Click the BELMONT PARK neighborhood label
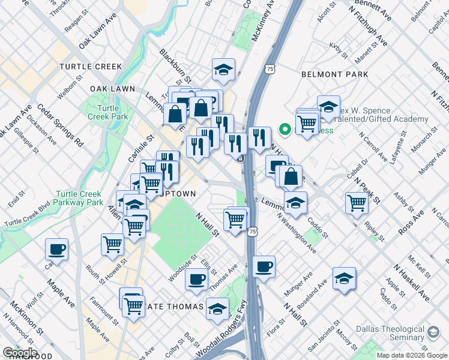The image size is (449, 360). pos(334,74)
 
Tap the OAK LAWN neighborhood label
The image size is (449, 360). pos(112,89)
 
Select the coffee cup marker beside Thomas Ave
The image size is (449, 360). pos(196,278)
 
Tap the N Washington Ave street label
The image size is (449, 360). pos(297,232)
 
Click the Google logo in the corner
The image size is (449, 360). pos(20,352)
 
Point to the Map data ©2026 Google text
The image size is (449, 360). pos(412,355)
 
